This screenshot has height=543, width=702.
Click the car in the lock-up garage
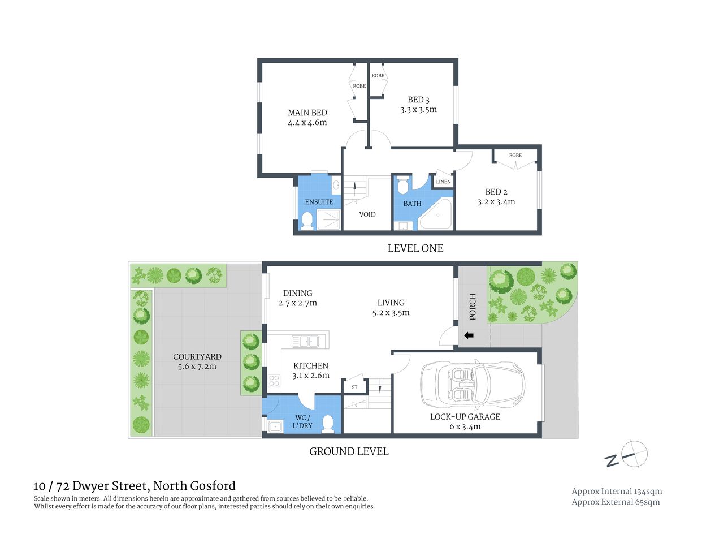tap(472, 385)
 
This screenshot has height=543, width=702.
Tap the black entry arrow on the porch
tap(469, 336)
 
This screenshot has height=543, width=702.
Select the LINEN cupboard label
tap(443, 182)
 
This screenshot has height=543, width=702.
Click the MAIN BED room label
tap(307, 113)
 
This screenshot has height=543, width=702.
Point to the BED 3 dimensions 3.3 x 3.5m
tap(418, 110)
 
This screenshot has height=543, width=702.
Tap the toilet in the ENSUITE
tap(307, 219)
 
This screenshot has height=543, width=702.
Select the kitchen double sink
tap(305, 341)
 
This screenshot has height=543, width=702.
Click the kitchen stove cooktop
tap(274, 381)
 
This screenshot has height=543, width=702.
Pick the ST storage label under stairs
tap(354, 387)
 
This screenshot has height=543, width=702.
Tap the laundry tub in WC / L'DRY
tap(276, 426)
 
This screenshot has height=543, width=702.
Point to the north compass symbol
tap(634, 454)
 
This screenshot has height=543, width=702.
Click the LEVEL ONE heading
tap(415, 248)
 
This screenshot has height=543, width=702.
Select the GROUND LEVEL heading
tap(349, 451)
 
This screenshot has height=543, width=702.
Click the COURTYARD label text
tap(197, 356)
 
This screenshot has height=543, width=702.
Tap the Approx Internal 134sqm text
tap(617, 491)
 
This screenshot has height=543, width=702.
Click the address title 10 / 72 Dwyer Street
tap(135, 486)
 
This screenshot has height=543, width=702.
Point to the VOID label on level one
tap(367, 214)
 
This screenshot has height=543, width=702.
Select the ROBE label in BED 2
tap(515, 156)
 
